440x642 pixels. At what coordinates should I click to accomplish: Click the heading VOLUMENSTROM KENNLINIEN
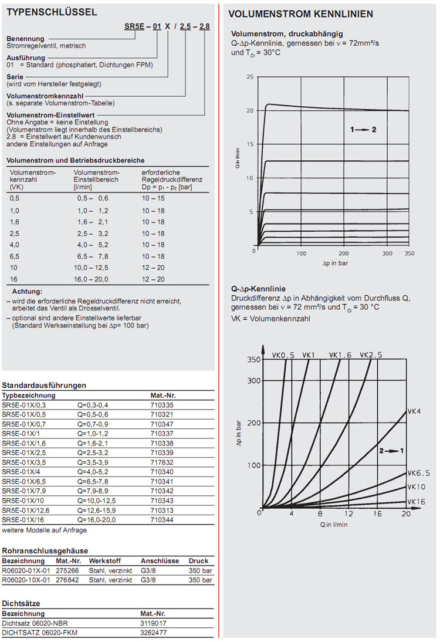300,13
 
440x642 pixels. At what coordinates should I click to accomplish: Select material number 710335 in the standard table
162,405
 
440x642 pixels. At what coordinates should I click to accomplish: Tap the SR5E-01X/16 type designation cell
23,520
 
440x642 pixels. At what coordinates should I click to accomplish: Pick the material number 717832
162,462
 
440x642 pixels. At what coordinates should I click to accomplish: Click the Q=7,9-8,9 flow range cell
94,491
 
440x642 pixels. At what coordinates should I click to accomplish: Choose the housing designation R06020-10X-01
25,580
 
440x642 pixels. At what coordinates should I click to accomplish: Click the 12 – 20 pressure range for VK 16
153,279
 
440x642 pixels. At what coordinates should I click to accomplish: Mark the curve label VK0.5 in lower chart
283,355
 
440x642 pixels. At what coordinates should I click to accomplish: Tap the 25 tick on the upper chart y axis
250,77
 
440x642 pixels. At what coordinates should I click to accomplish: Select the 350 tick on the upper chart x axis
409,254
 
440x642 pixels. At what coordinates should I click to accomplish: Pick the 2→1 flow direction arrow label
392,451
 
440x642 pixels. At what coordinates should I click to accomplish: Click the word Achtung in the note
28,292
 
